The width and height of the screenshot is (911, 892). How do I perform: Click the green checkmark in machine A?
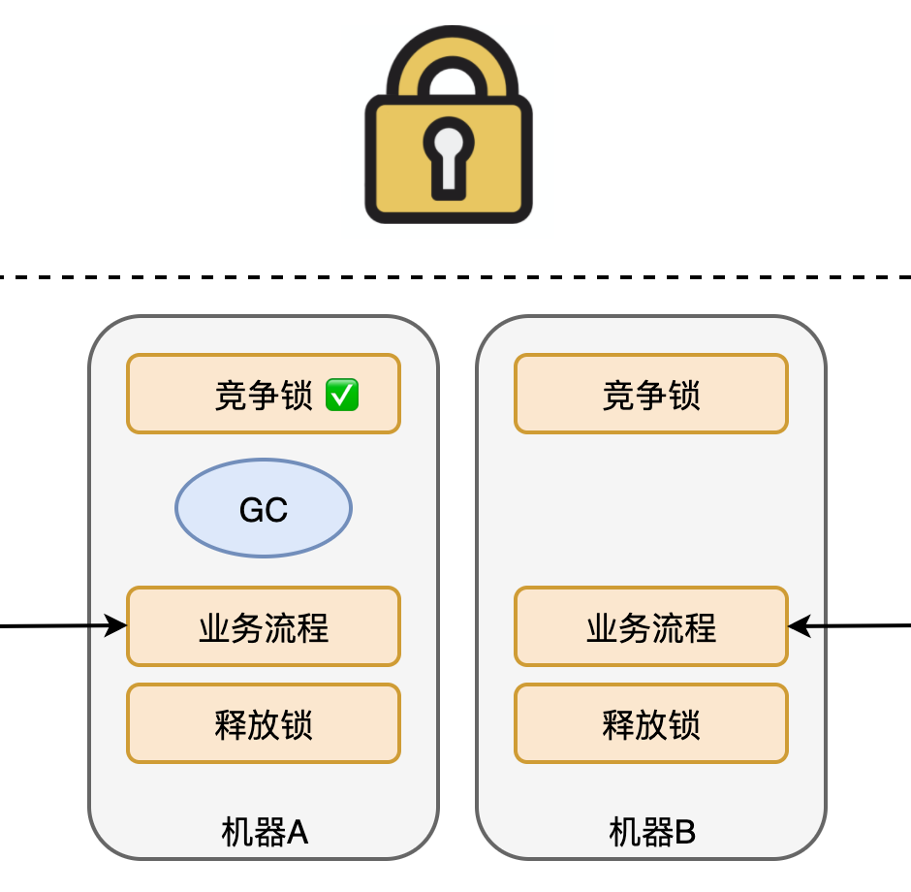click(x=342, y=395)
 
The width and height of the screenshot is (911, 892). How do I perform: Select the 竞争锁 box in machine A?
click(x=263, y=394)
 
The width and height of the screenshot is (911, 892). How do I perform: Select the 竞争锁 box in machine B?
click(x=650, y=394)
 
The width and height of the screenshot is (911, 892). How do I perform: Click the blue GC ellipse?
click(x=263, y=508)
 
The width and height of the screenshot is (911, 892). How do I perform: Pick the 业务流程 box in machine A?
click(x=263, y=626)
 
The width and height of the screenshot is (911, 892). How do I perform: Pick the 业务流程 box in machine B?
click(x=650, y=626)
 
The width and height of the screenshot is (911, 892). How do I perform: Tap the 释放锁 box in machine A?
click(x=263, y=723)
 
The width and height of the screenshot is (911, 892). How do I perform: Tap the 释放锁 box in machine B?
click(x=650, y=723)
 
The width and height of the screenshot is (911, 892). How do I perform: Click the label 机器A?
click(x=264, y=832)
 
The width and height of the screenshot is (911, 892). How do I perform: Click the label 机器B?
click(x=651, y=832)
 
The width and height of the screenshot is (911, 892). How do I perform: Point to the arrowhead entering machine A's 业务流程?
click(x=118, y=625)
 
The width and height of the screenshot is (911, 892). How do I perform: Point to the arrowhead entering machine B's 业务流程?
click(x=797, y=626)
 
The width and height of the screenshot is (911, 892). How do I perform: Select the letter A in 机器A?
click(x=297, y=832)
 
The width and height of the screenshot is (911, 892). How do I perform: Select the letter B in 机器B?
click(x=684, y=832)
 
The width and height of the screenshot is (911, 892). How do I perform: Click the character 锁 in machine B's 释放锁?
click(x=684, y=724)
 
